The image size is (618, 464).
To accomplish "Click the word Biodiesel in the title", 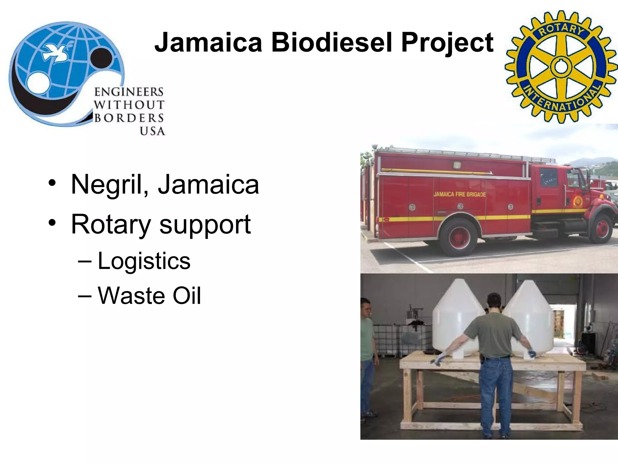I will coord(331,43).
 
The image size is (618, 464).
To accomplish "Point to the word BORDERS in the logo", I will coord(129,118).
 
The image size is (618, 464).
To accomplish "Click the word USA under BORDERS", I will coord(152,131).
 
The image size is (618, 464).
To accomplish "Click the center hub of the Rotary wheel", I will coord(561,67).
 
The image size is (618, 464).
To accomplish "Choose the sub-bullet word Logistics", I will coord(144,261).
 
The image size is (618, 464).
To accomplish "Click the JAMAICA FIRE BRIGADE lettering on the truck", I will coord(460,194).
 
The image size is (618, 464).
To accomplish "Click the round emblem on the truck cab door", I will coord(578,201).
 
